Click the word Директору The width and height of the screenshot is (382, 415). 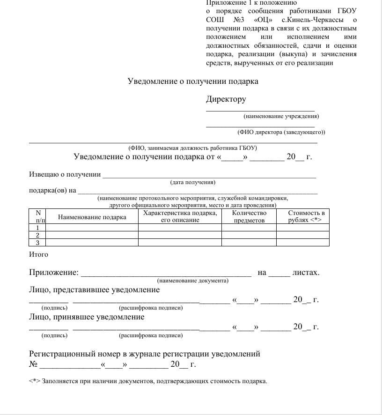pyautogui.click(x=226, y=99)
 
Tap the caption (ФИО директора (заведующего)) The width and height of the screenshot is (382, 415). pyautogui.click(x=281, y=132)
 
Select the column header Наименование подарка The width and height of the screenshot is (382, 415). pyautogui.click(x=92, y=217)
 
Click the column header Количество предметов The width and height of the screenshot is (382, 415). pyautogui.click(x=249, y=216)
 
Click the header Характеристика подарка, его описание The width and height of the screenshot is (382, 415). pyautogui.click(x=180, y=216)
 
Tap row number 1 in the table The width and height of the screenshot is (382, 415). pyautogui.click(x=37, y=228)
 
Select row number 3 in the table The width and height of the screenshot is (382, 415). pyautogui.click(x=37, y=243)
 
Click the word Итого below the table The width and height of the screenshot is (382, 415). pyautogui.click(x=38, y=255)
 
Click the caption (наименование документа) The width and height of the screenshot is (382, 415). pyautogui.click(x=193, y=281)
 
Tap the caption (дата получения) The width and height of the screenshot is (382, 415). pyautogui.click(x=192, y=182)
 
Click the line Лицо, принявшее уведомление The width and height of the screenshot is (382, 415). pyautogui.click(x=87, y=317)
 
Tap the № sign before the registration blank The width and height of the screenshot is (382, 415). pyautogui.click(x=33, y=364)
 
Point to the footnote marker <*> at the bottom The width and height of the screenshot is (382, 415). pyautogui.click(x=35, y=381)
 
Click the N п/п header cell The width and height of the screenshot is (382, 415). pyautogui.click(x=37, y=216)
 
